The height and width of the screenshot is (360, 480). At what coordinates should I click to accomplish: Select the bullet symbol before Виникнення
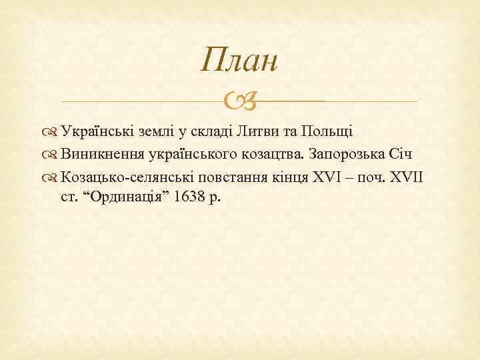coord(51,155)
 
